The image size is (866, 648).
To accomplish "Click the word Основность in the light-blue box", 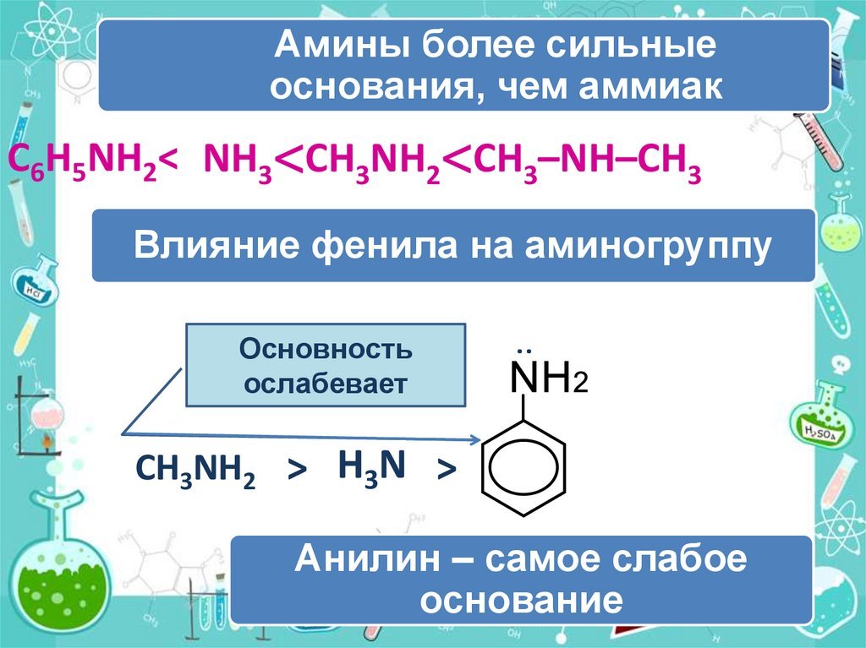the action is tap(326, 348).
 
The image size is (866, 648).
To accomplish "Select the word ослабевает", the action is tap(326, 383).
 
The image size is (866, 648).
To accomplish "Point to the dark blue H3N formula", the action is tap(371, 466).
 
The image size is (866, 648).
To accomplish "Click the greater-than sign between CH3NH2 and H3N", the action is tap(297, 471).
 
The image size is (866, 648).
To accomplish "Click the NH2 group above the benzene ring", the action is tap(549, 378).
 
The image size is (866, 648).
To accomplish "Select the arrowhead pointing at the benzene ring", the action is tap(475, 440).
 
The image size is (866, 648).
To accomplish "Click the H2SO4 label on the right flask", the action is tap(820, 433).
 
